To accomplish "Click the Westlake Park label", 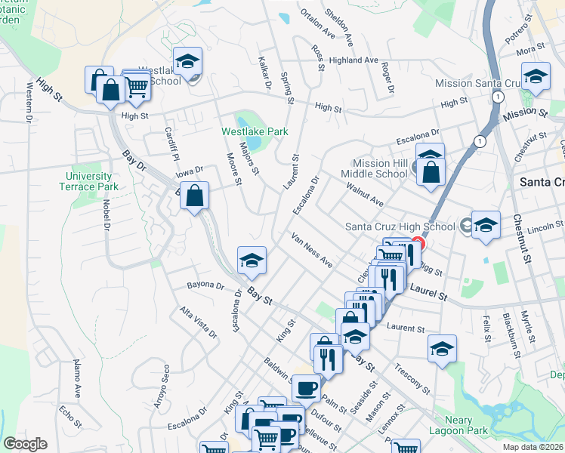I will pos(255,131).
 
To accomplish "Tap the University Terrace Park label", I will pos(88,181).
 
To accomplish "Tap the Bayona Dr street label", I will pos(205,286).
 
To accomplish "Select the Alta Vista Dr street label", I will pos(198,322).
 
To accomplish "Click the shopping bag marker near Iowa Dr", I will pos(195,195).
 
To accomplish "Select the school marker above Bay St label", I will pos(252,260).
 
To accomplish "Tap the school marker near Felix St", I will pos(442,348).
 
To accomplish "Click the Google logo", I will pos(25,444).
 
